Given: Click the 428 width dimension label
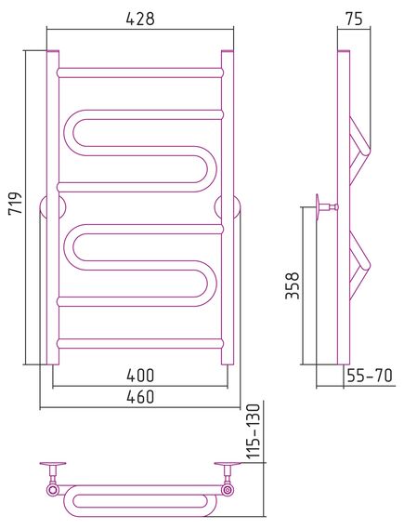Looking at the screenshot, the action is (140, 19).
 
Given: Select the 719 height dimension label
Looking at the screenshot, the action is (16, 203).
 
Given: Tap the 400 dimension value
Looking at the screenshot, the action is (140, 376).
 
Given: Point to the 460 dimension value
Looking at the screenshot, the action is (140, 396).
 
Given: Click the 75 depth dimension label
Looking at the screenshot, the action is (354, 19).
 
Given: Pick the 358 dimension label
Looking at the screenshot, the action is (293, 285).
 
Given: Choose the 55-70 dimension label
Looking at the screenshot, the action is (370, 376).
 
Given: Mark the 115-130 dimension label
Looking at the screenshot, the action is (254, 430).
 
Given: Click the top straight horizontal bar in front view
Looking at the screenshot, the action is (140, 73).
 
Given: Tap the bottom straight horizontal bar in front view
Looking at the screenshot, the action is (140, 343).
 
